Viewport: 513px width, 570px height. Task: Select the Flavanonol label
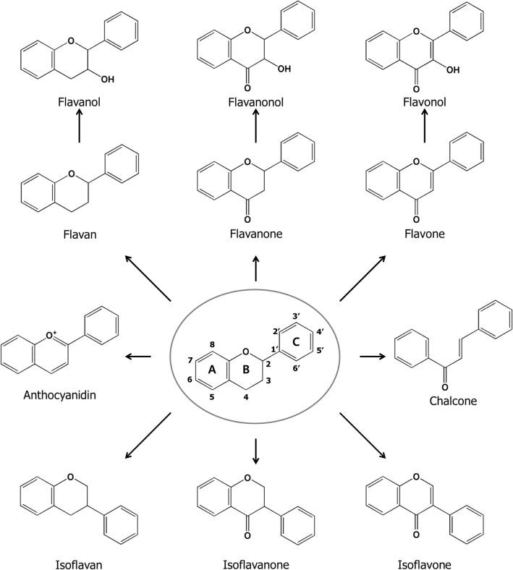tap(256, 103)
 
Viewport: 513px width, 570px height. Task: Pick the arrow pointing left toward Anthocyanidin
tap(137, 357)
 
